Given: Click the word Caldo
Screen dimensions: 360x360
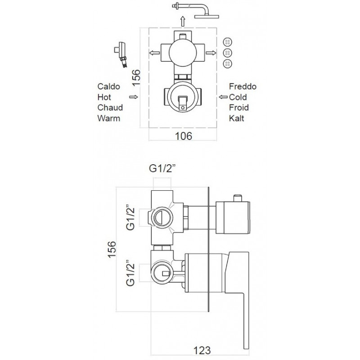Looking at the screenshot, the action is tap(108, 86).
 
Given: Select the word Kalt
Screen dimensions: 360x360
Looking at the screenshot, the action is tap(237, 118).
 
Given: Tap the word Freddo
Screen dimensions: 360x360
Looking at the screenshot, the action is tap(243, 86).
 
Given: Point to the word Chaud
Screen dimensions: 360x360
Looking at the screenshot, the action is tap(110, 108).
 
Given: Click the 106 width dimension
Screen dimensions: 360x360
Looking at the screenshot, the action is tap(184, 136).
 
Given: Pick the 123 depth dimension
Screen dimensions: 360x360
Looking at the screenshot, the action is tap(202, 351).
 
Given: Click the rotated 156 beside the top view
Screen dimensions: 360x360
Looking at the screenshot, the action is tap(136, 77).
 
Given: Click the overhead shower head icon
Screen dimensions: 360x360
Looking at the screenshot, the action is tap(195, 10).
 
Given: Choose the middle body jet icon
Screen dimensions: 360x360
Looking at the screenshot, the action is tap(228, 53).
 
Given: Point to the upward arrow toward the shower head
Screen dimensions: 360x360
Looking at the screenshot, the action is tap(183, 22).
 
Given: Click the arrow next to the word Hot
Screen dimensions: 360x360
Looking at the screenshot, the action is tap(134, 97).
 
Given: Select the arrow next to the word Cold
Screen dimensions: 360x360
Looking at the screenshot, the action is tap(223, 97).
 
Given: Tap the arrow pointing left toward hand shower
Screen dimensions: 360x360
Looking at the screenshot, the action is tap(154, 53).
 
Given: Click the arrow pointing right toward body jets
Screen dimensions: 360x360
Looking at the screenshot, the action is tap(211, 53).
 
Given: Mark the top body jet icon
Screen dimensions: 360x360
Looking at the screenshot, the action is tap(228, 42).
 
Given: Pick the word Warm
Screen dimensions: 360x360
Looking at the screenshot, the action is tap(108, 118).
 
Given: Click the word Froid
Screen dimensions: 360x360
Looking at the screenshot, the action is tap(239, 108).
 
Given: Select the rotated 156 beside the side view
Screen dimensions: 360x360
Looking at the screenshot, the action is tap(112, 249).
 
